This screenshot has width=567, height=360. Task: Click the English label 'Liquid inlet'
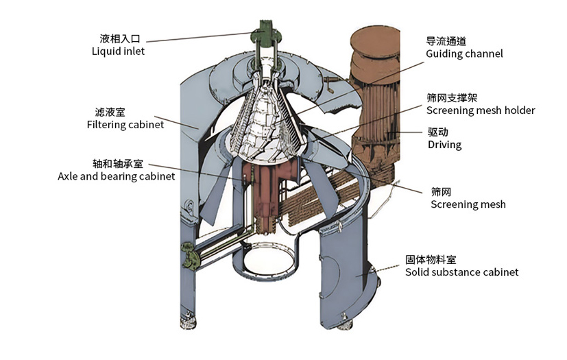118,51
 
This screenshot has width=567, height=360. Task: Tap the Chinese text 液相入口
118,38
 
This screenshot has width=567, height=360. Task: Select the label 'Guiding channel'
464,53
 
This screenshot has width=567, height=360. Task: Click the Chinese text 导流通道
446,41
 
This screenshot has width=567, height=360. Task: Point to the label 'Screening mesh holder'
480,110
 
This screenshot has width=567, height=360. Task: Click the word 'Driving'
444,145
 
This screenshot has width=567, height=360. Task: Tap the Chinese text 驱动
437,132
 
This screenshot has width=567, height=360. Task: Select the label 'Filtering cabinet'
125,125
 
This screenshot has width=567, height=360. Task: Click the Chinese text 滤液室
110,112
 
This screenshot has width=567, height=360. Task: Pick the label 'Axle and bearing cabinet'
116,176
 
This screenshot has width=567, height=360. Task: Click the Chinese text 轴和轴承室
117,163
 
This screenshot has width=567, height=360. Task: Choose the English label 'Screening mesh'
468,204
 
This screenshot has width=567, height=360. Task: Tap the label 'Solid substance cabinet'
461,272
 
